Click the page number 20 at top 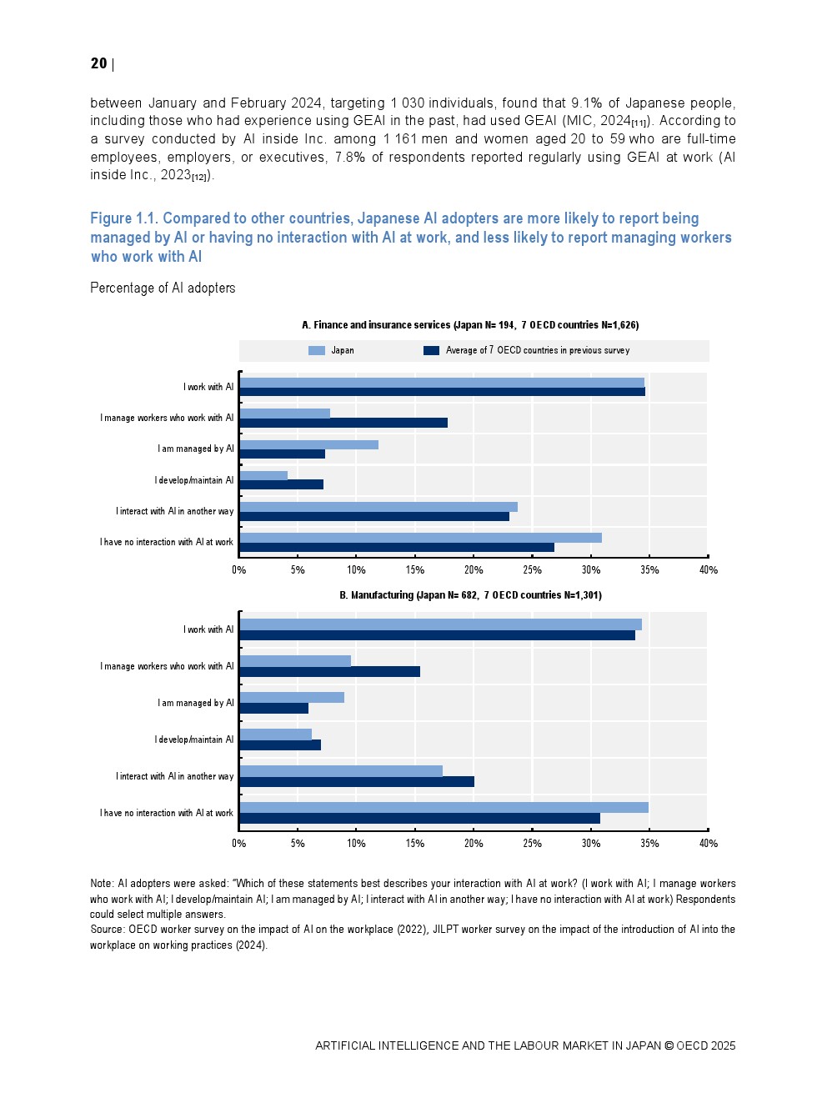click(x=98, y=63)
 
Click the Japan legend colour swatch click(x=316, y=351)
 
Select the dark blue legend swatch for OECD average click(x=431, y=351)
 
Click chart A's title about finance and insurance click(x=470, y=325)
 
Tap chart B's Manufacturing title click(x=470, y=595)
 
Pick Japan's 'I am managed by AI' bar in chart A click(x=308, y=444)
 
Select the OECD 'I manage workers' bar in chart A click(x=343, y=423)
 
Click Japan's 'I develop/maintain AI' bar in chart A click(x=263, y=475)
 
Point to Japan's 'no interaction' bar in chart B click(x=444, y=807)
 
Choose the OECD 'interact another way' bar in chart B click(x=357, y=782)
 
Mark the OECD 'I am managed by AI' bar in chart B click(x=273, y=709)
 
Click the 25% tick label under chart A click(x=532, y=570)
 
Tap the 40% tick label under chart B click(x=708, y=844)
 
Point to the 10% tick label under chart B click(x=356, y=844)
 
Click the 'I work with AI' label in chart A click(x=208, y=387)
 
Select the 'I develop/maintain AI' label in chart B click(x=193, y=740)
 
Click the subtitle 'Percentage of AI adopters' click(x=163, y=288)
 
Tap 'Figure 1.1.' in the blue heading click(x=123, y=218)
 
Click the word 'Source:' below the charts click(x=108, y=930)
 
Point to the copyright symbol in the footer click(x=669, y=1046)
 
